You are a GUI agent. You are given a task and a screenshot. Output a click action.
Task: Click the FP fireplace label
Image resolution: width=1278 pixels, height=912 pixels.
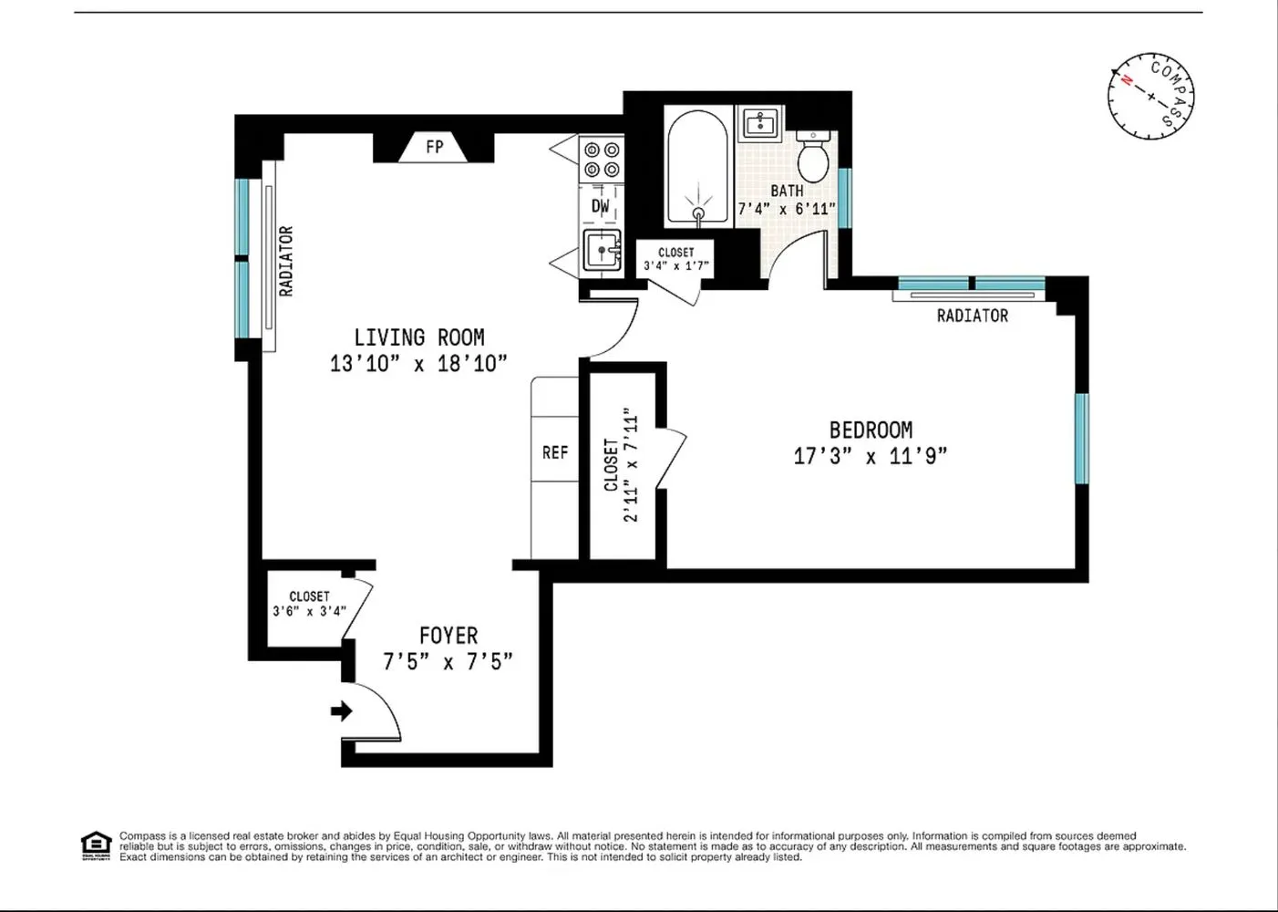(434, 146)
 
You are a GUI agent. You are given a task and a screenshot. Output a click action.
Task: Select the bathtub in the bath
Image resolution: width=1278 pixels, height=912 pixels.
(697, 168)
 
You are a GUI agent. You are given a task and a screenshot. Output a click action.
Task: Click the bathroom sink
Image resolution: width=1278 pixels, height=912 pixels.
(761, 122)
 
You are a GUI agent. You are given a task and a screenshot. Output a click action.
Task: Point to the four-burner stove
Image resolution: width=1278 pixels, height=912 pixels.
(602, 159)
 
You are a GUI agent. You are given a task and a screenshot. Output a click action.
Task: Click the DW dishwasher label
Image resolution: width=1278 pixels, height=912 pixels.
(601, 206)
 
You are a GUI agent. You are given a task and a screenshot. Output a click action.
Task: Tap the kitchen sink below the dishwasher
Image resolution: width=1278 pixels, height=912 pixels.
(602, 250)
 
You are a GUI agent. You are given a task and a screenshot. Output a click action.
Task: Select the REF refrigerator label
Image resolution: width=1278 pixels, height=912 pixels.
(555, 452)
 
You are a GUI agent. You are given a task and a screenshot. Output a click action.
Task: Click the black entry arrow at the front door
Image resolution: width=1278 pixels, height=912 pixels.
(342, 710)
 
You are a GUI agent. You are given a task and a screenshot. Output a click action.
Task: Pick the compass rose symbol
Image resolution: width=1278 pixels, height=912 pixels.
(1150, 96)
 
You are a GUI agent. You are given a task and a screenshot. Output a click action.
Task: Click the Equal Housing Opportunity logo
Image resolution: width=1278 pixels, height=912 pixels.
(95, 845)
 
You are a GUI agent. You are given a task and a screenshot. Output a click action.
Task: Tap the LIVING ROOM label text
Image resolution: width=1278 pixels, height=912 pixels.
(419, 337)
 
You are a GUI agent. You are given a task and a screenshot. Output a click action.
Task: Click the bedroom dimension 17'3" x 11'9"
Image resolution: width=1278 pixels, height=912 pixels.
(871, 455)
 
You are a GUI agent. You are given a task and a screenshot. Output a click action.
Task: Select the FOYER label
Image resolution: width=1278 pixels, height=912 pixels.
(448, 635)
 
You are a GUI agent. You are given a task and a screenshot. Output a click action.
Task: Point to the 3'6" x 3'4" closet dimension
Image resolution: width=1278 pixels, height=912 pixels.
(309, 611)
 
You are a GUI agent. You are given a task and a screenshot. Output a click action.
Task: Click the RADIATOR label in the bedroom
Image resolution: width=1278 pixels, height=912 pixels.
(972, 316)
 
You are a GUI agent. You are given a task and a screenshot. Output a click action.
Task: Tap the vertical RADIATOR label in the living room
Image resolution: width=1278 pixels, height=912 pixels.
(286, 261)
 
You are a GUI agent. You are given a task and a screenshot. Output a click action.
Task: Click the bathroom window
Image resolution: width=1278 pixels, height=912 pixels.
(844, 197)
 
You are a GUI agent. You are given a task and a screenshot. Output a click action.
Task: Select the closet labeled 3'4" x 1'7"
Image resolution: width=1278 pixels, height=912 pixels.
(675, 259)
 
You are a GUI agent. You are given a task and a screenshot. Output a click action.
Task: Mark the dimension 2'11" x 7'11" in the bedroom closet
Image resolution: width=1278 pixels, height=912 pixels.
(631, 465)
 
